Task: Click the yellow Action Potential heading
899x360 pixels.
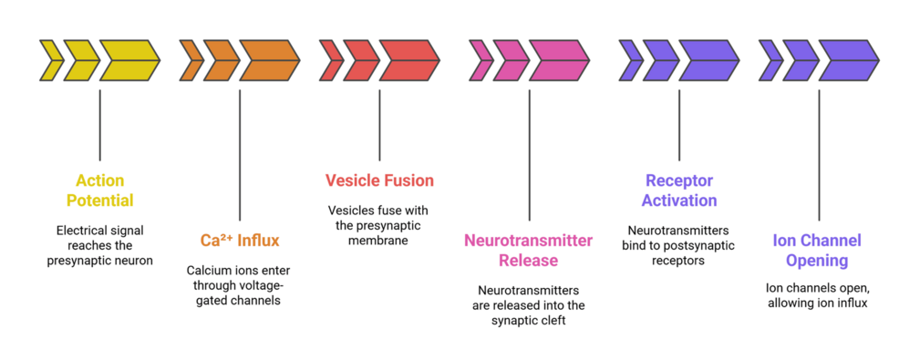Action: tap(99, 190)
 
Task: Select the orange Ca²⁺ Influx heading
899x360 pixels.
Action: tap(240, 241)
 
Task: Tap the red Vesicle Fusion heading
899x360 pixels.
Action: tap(379, 180)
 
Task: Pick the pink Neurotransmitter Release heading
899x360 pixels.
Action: tap(529, 251)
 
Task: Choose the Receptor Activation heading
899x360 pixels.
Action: tap(679, 190)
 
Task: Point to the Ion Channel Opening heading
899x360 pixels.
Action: tap(818, 251)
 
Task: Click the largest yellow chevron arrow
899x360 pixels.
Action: tap(128, 62)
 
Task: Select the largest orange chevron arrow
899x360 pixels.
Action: tap(268, 62)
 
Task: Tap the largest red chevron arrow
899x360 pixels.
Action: tap(408, 62)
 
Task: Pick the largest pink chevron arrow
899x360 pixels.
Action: tap(558, 62)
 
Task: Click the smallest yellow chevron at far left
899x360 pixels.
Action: tap(49, 62)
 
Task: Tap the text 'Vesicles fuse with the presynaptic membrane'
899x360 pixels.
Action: tap(379, 224)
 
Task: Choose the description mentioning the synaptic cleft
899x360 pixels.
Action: tap(529, 305)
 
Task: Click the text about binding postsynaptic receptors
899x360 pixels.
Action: tap(679, 244)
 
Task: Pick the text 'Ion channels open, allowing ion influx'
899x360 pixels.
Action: tap(818, 295)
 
